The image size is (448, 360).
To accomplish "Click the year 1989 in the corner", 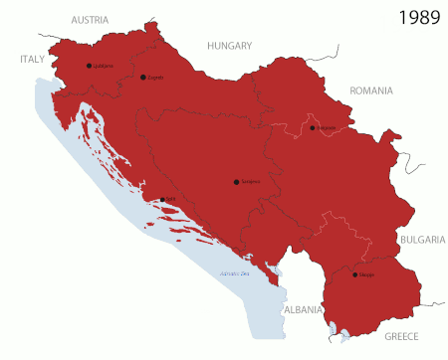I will coord(419,17).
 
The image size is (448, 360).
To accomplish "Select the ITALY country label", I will coord(33,59).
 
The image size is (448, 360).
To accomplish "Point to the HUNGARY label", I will coord(229,45).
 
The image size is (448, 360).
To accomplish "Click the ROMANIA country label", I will coord(371,90).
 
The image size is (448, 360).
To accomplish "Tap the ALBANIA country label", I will coord(303,309).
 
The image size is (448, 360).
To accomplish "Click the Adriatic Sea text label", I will coord(232,273).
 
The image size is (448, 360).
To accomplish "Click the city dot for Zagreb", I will coord(143,77).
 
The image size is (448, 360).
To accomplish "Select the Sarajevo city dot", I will coord(236,181).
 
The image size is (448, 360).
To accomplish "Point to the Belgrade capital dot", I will coord(313,127).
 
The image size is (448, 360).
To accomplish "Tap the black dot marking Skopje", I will coord(354,273).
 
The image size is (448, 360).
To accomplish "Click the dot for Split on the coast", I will coord(162,199).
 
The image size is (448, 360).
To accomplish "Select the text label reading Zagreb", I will coord(154,78).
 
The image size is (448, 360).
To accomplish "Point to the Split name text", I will coord(171,200).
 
